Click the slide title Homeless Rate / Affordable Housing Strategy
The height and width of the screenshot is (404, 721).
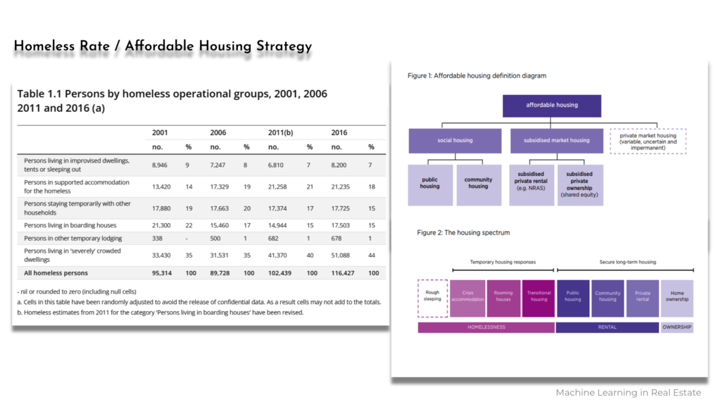click(x=163, y=46)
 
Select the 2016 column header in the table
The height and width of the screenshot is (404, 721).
click(x=339, y=132)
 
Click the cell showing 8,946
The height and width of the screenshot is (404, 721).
click(x=160, y=165)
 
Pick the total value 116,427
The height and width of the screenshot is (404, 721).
click(x=343, y=273)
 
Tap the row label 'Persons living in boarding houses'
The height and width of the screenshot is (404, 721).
click(x=70, y=225)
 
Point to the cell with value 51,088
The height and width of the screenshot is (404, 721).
click(x=340, y=255)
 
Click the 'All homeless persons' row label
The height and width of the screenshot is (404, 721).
click(x=56, y=273)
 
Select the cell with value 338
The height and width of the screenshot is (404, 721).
click(x=157, y=239)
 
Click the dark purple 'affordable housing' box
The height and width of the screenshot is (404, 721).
click(x=552, y=106)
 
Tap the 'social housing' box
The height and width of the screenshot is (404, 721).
click(x=455, y=141)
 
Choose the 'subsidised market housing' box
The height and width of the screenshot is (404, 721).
click(x=556, y=141)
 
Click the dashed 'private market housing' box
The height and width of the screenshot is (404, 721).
click(x=648, y=141)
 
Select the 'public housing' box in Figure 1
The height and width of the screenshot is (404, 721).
click(x=430, y=185)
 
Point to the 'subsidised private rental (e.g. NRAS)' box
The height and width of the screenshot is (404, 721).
click(x=531, y=185)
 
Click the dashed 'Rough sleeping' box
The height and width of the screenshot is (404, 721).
click(x=432, y=298)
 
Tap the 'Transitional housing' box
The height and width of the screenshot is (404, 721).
click(x=539, y=298)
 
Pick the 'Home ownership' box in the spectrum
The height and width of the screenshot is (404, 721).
click(x=677, y=298)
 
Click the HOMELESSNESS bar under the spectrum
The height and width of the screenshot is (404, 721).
click(x=486, y=327)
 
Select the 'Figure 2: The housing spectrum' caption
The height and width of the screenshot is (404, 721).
click(x=463, y=232)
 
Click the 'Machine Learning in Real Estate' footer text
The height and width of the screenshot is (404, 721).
click(x=628, y=393)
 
